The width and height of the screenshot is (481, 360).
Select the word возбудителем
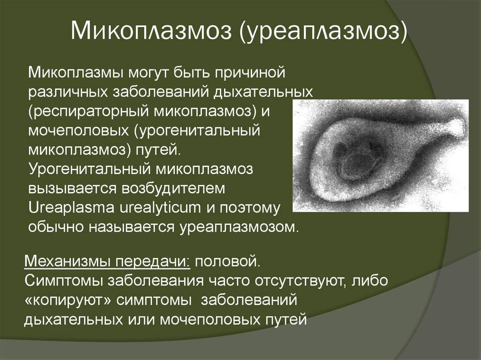173,188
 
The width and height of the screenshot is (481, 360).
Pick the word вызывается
72,188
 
